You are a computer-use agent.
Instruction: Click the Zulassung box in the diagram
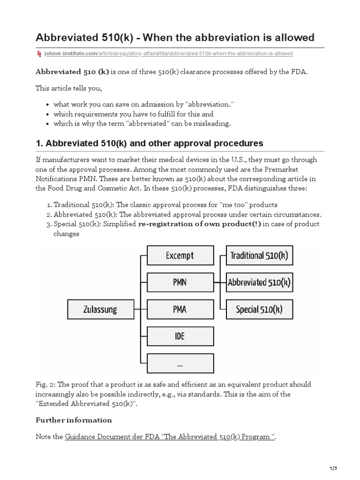click(x=101, y=309)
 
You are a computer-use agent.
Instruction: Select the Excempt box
click(x=180, y=255)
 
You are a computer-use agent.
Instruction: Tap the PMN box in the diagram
click(x=180, y=283)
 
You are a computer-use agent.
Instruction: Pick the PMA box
click(x=180, y=309)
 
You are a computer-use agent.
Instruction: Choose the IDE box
click(x=180, y=336)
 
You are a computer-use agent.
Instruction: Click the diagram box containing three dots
click(x=180, y=363)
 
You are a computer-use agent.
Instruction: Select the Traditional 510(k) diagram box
click(x=259, y=255)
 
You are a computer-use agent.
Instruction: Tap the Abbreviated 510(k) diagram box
click(x=259, y=283)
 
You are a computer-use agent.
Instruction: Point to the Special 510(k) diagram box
click(x=259, y=309)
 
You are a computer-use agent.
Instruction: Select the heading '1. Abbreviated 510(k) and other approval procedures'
click(x=150, y=143)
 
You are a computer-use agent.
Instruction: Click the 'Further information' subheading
click(x=74, y=420)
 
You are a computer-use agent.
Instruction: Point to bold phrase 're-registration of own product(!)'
click(x=199, y=224)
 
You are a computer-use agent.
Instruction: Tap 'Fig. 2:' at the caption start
click(x=46, y=384)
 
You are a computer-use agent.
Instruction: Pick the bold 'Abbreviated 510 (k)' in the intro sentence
click(x=73, y=72)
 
